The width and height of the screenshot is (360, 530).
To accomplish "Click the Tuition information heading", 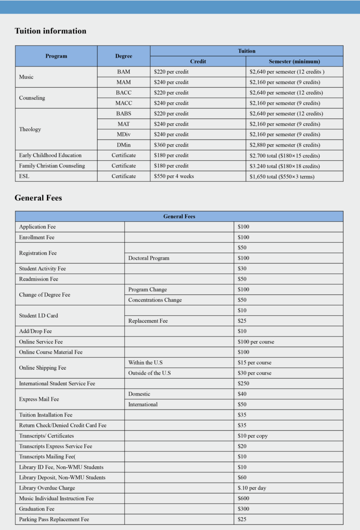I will click(x=51, y=31).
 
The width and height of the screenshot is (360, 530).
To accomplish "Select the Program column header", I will click(x=56, y=56).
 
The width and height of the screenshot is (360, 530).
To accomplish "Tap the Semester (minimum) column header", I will click(x=294, y=61).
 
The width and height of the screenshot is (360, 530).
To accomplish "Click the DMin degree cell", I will click(x=124, y=145).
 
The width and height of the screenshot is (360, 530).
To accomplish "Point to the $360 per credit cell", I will click(x=171, y=145).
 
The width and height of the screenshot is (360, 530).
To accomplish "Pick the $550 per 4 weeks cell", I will click(x=173, y=176).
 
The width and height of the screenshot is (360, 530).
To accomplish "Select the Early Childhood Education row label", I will click(x=50, y=155).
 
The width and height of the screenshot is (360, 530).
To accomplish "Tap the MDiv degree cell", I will click(x=124, y=134).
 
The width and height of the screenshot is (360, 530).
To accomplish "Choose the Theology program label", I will click(x=30, y=129).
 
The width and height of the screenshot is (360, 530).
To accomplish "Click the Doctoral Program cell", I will click(x=149, y=258).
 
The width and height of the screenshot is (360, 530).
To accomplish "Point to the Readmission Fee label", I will click(x=38, y=279).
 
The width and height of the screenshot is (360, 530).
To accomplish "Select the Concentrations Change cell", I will click(x=155, y=300).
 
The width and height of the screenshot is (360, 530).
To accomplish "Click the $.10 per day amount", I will click(x=252, y=488).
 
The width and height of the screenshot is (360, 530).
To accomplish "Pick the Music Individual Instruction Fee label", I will click(x=56, y=498).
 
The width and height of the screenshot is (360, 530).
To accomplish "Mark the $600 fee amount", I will click(x=243, y=498).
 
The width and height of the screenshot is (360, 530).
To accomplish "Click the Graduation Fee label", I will click(x=37, y=509).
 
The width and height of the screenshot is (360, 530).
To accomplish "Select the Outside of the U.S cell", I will click(x=150, y=373).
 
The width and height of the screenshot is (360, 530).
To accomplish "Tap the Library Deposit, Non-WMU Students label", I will click(x=62, y=478).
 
